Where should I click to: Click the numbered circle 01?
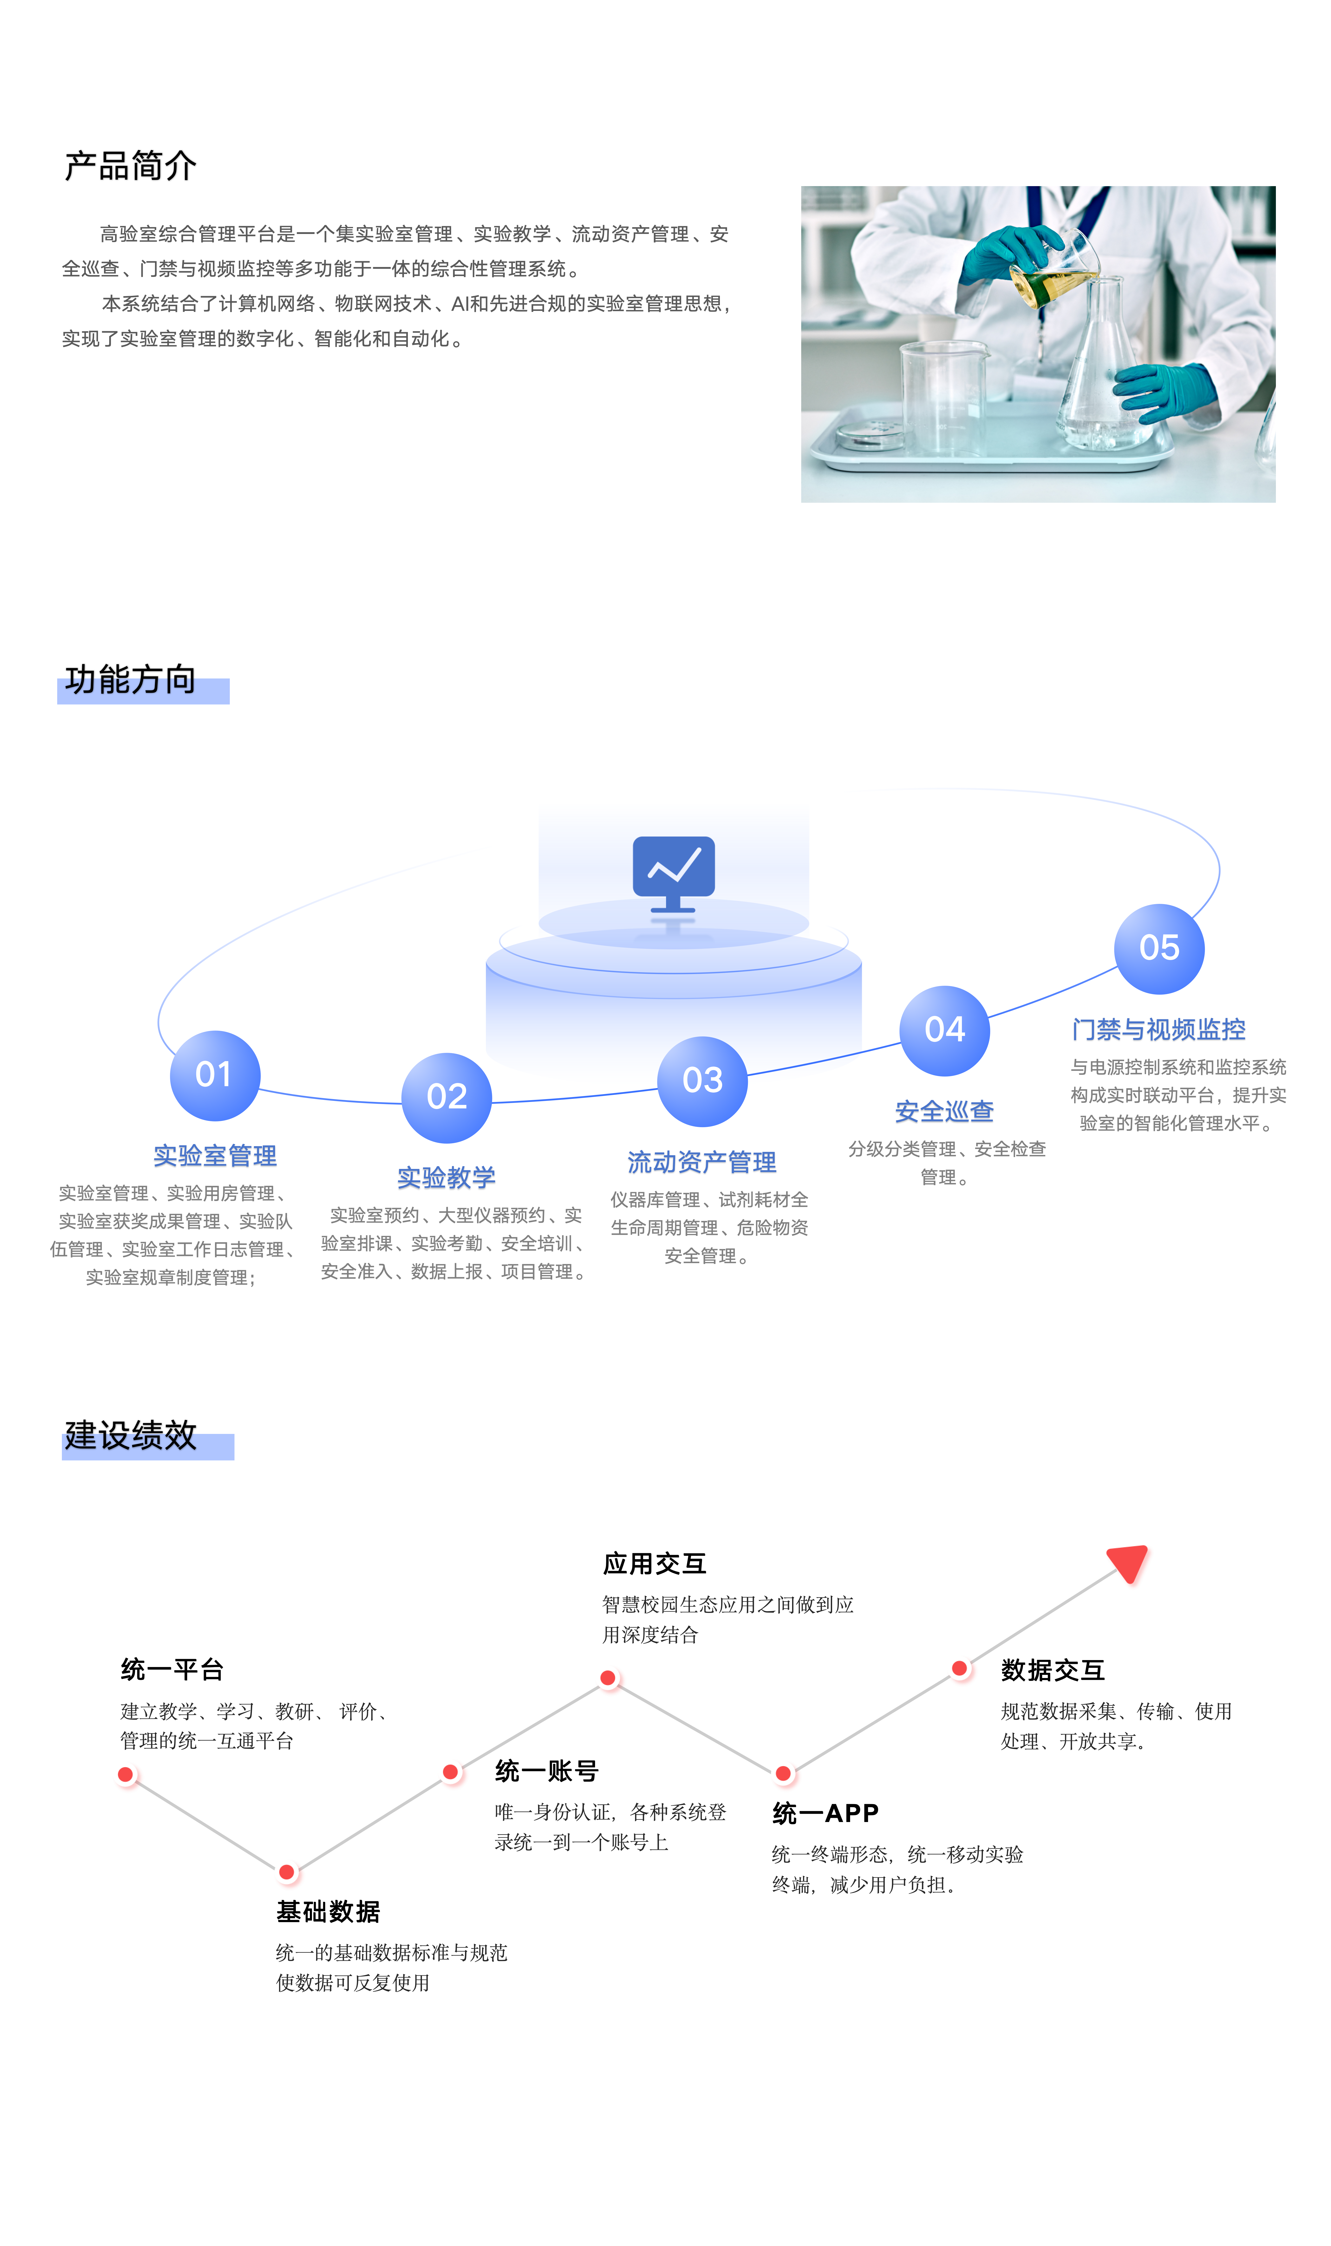pos(215,1075)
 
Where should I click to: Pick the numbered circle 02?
pos(447,1098)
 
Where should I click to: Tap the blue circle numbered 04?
pos(944,1030)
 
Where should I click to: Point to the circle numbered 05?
pos(1159,949)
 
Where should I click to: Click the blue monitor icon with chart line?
pos(674,874)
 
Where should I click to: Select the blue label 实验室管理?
pos(215,1156)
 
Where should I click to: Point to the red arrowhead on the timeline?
pos(1129,1563)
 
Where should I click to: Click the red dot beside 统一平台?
pos(126,1774)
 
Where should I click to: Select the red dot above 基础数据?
pos(287,1872)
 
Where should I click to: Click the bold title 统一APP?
pos(825,1814)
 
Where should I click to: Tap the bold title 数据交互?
pos(1053,1670)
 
